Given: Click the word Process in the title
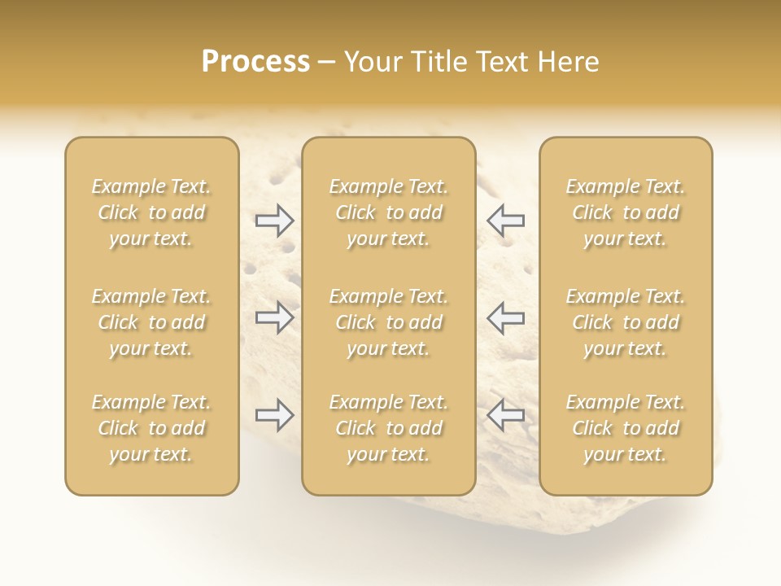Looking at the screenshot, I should click(255, 62).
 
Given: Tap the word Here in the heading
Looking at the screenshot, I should click(569, 62).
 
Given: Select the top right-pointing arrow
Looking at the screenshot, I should click(274, 221).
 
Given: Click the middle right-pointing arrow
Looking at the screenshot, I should click(274, 317).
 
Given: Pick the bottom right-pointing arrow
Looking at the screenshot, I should click(274, 415).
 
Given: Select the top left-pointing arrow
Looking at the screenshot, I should click(505, 221).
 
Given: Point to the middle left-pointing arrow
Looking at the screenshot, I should click(505, 317).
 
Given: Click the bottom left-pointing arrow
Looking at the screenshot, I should click(505, 415).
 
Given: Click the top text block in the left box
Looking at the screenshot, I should click(151, 212).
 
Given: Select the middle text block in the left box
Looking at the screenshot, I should click(151, 322).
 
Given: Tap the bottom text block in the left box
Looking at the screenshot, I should click(151, 428).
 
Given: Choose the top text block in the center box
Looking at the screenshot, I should click(388, 212).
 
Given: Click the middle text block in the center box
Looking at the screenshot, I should click(388, 322).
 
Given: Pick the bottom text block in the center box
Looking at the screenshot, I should click(388, 428).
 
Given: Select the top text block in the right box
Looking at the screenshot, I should click(625, 212).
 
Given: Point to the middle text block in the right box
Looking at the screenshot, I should click(625, 322).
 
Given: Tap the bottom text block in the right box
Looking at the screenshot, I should click(625, 428).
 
